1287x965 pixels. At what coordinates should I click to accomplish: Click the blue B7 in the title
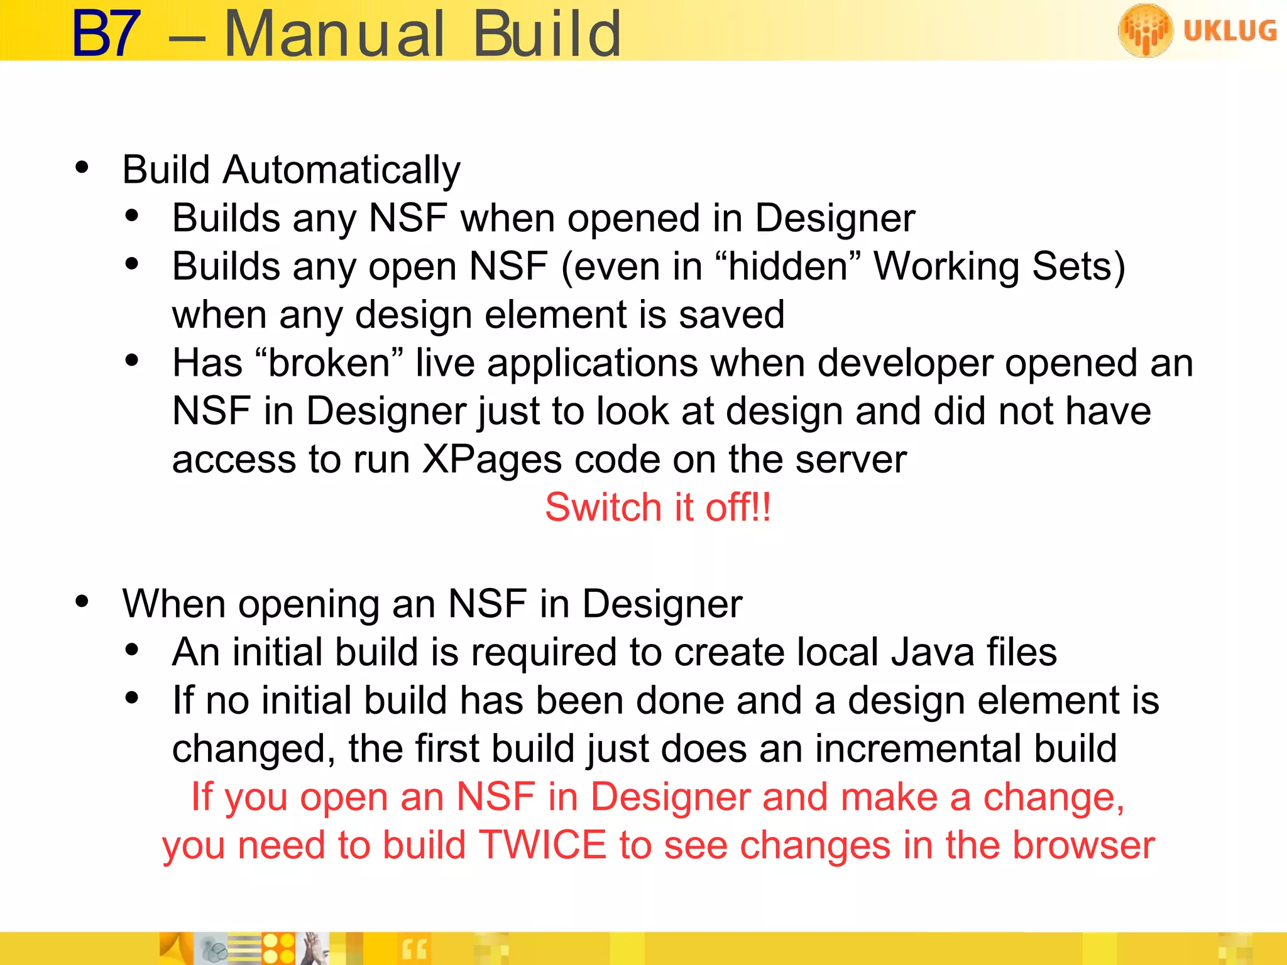[106, 35]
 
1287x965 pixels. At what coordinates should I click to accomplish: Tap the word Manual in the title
[334, 35]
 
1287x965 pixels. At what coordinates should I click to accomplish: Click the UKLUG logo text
[1230, 31]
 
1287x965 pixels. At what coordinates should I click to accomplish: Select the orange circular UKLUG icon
[1145, 30]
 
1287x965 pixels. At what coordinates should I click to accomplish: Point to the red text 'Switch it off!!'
[658, 508]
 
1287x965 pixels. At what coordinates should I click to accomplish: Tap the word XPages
[491, 459]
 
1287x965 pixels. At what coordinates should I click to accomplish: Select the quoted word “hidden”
[788, 266]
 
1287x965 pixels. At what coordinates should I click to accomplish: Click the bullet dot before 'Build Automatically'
[82, 167]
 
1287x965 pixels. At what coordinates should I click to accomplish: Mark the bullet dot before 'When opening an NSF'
[82, 601]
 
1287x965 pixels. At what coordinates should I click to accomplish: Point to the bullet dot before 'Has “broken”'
[132, 361]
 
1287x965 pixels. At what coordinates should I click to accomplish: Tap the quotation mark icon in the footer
[413, 949]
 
